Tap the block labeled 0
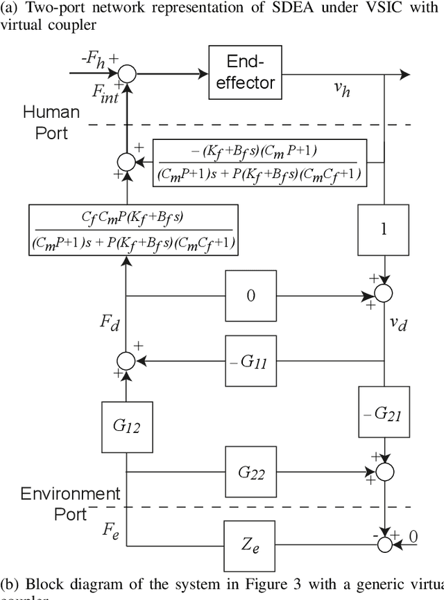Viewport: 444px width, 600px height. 251,296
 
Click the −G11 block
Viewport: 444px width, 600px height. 251,361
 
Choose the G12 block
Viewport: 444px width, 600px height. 127,426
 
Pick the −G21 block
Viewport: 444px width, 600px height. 384,415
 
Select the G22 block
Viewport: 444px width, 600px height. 251,473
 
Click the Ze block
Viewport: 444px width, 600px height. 251,545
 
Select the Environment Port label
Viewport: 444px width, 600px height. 69,504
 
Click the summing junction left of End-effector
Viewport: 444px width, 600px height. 127,73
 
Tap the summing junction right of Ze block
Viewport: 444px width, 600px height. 384,545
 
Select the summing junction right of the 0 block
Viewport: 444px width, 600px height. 384,296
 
